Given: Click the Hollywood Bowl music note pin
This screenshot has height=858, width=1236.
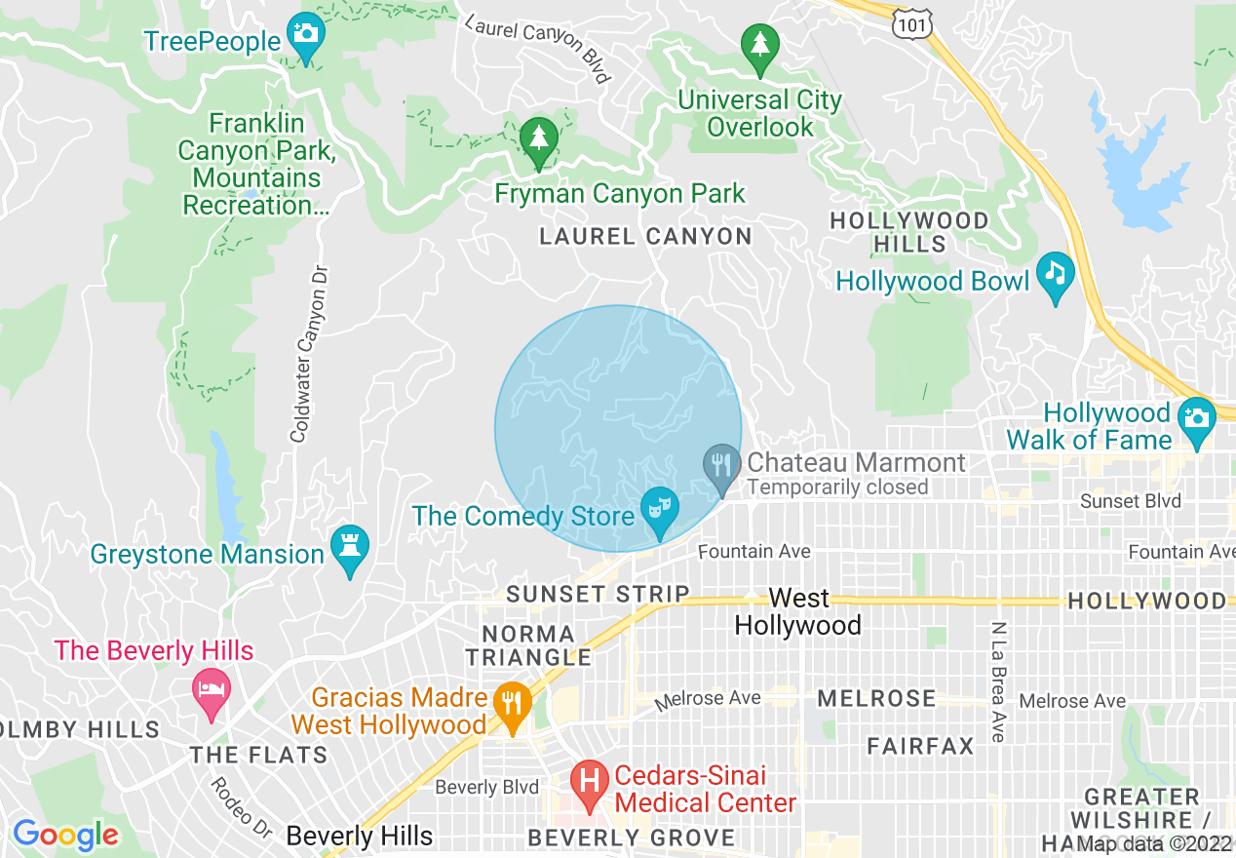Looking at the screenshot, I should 1055,274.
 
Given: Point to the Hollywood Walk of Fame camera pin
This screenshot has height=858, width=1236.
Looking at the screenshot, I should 1196,420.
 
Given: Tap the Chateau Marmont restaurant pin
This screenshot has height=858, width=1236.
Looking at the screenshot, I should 721,467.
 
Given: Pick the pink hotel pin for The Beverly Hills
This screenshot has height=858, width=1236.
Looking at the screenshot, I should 212,690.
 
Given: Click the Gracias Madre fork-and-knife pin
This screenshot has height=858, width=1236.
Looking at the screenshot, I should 512,704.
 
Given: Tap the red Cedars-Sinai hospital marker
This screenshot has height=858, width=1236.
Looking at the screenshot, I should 589,783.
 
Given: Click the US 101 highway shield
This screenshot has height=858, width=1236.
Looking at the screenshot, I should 910,21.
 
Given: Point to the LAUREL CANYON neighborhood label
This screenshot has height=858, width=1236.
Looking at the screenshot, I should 645,237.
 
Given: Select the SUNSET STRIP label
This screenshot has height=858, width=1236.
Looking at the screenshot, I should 598,594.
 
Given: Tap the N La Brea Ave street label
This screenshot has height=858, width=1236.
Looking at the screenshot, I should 997,682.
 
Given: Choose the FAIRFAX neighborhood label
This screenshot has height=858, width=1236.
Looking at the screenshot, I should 920,747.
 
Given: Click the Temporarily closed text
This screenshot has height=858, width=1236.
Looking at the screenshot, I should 837,487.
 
